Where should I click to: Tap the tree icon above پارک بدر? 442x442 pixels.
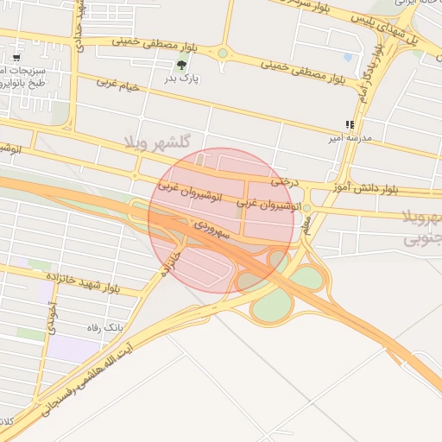181,65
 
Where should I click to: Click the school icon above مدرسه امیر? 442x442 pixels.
349,124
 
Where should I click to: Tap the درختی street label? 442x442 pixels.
286,181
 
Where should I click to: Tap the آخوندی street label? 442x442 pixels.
53,317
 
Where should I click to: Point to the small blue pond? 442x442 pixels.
348,57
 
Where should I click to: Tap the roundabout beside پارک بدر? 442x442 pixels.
223,53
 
